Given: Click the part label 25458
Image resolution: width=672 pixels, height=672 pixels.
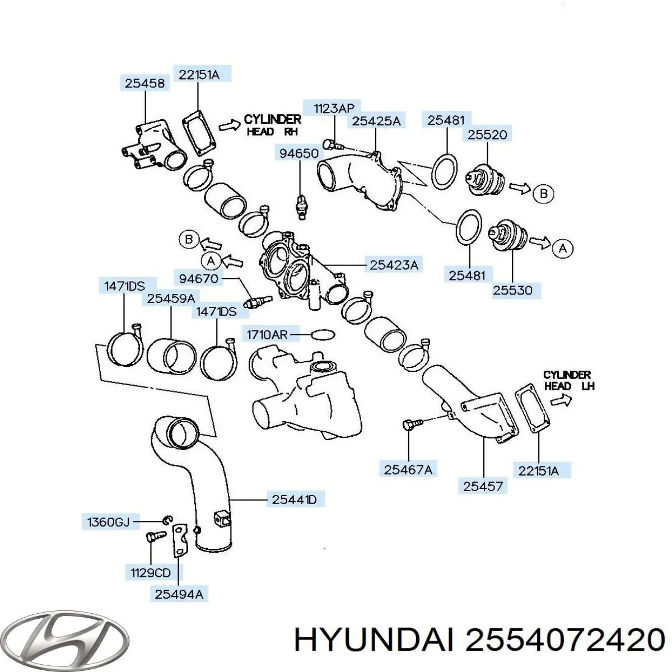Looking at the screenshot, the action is point(144,83).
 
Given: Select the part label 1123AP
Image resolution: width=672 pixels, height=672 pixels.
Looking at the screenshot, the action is point(334,109).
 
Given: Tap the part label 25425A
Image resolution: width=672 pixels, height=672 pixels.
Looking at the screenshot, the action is point(376,121).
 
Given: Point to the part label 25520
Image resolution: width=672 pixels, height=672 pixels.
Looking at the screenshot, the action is point(487,134).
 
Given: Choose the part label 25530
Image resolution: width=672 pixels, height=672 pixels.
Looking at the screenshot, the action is point(512,290).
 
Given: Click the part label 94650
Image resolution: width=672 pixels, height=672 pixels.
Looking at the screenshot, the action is point(299,153).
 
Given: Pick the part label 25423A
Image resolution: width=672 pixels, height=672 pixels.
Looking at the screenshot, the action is point(394,265).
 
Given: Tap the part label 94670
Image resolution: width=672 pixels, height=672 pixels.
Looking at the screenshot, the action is point(198,279).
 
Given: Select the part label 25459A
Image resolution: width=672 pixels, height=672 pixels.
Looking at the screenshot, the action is point(171,299).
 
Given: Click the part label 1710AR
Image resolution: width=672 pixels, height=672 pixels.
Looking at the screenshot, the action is point(267,335).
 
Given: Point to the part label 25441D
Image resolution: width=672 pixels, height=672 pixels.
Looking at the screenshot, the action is point(294,500).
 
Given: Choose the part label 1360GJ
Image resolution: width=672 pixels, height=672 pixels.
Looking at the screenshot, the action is point(108,522).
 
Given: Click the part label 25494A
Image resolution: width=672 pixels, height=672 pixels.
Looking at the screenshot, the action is point(179,594).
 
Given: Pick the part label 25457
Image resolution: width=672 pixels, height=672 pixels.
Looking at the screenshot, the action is point(483,486).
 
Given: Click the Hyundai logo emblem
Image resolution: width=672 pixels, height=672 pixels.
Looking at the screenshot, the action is point(64,640).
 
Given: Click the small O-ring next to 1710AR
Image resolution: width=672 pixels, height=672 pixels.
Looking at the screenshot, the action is point(323,334).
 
